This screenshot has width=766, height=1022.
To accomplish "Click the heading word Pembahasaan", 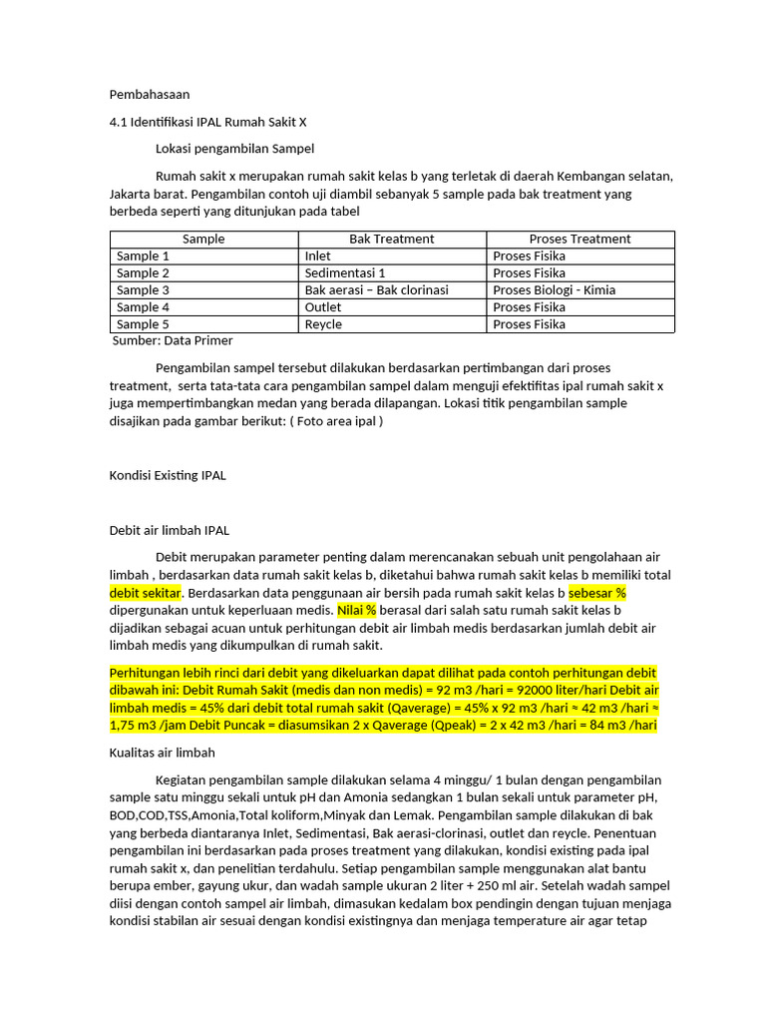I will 149,95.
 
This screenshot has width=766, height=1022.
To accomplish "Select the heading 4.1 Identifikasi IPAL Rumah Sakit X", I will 208,122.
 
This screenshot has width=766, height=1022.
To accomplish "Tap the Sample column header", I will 203,240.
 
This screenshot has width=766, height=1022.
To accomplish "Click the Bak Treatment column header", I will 392,240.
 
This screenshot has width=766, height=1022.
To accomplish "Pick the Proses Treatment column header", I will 579,240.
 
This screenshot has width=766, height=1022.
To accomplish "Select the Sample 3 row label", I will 143,290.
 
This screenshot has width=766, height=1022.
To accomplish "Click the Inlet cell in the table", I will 318,256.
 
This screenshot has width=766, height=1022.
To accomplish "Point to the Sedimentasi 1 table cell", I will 345,273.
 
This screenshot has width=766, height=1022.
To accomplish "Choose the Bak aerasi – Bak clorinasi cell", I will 376,290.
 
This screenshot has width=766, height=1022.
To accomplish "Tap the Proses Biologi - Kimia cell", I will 554,290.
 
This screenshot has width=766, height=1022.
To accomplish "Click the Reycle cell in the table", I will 323,324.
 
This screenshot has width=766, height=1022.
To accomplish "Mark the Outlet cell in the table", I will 323,307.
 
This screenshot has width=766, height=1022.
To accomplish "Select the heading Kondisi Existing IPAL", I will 168,475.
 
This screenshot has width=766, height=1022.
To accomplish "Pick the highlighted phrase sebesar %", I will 596,593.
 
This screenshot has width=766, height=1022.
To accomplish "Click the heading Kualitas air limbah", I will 163,753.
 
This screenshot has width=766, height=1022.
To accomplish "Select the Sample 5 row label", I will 143,324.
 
